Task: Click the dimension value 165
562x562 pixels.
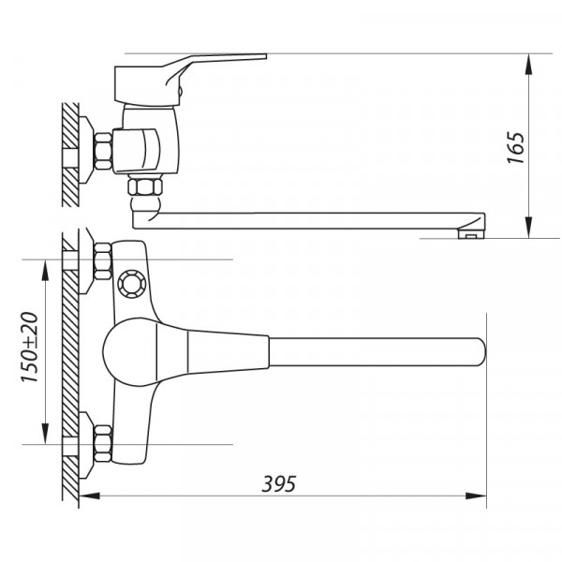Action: point(515,148)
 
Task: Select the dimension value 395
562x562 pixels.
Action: point(279,484)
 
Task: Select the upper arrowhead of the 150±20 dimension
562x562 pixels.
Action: point(46,267)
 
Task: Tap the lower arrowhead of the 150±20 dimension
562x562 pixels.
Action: point(46,436)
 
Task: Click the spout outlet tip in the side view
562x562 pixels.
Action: point(472,231)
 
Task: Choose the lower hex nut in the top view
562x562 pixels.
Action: point(102,443)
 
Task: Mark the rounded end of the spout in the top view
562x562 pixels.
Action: point(479,351)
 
